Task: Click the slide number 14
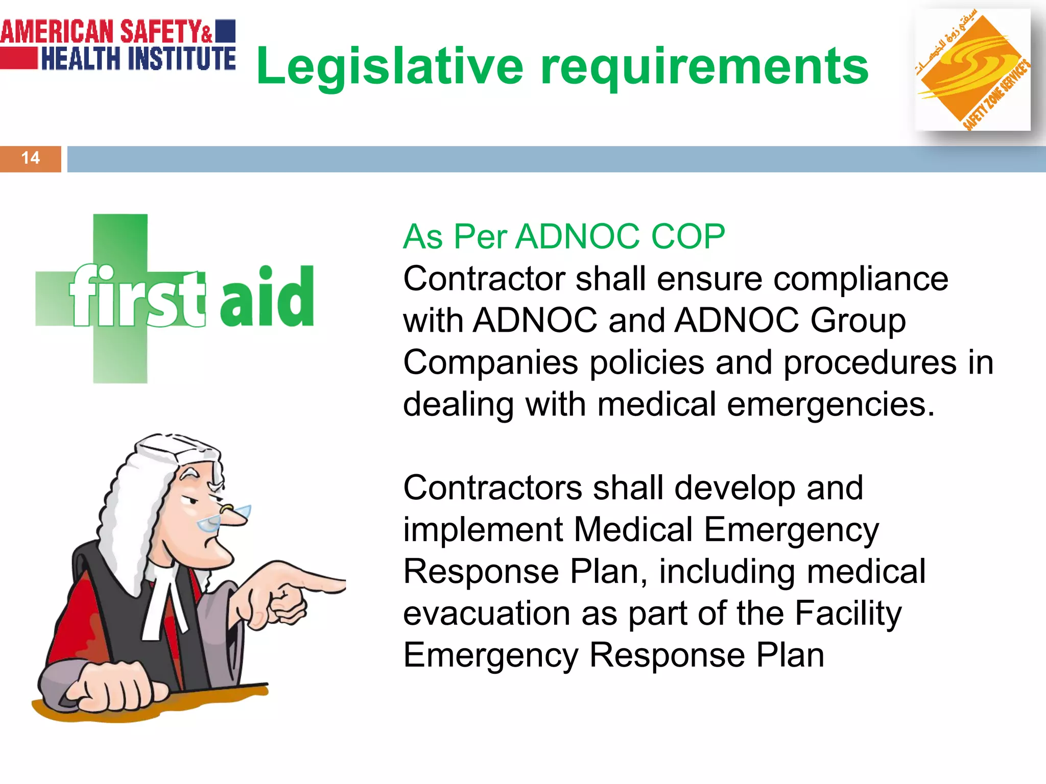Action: point(31,158)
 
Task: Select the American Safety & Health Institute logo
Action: point(118,45)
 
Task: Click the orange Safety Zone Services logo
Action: point(972,70)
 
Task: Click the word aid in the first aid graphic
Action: point(267,297)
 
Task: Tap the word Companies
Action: point(490,362)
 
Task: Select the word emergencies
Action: point(830,404)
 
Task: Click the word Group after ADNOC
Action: point(858,321)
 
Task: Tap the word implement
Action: point(483,529)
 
